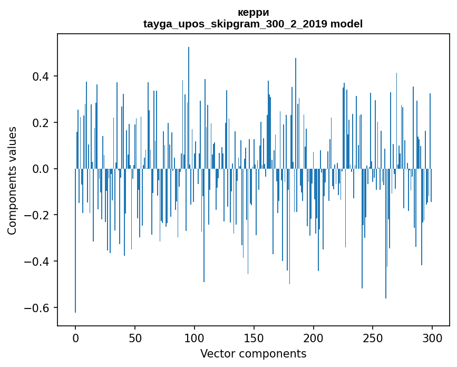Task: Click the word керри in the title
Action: [x=253, y=13]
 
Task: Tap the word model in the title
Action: [x=347, y=24]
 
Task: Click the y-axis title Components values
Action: [x=12, y=180]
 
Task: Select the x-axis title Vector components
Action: [x=253, y=354]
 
